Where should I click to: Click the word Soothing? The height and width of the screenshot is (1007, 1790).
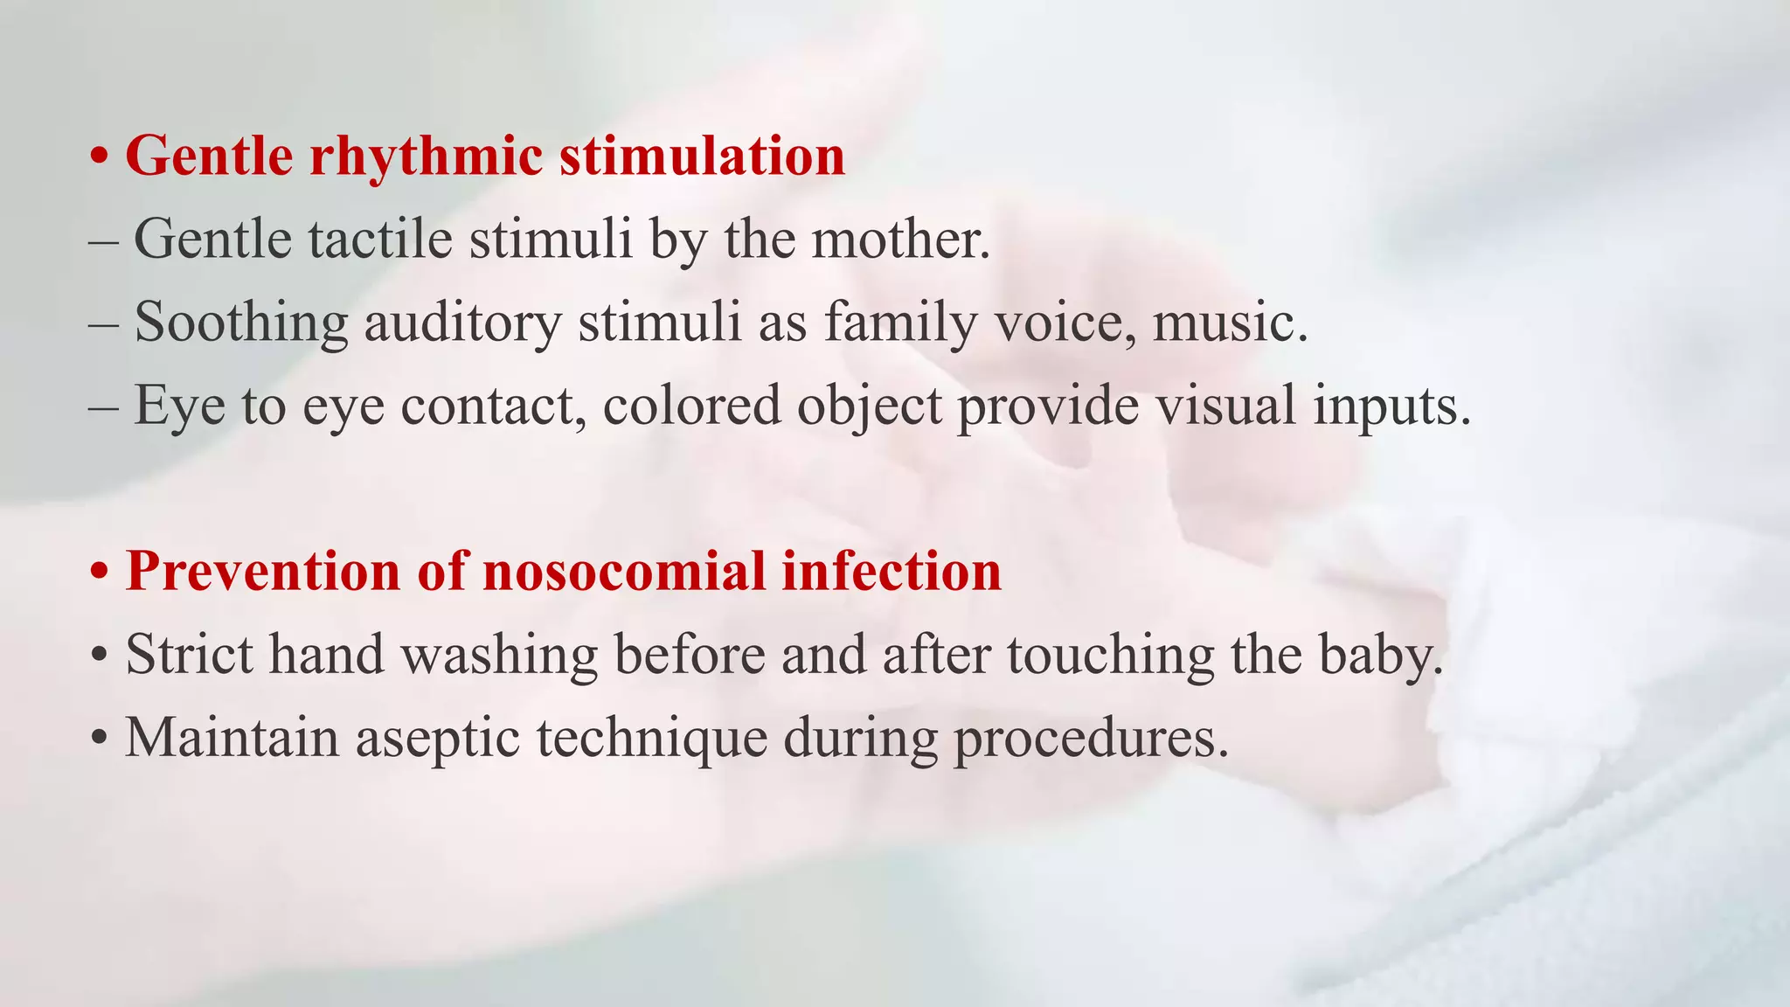coord(241,322)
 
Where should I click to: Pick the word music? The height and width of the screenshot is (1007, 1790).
coord(1229,322)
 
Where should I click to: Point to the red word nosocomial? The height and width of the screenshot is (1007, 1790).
coord(624,572)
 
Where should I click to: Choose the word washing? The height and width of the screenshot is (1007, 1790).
coord(499,656)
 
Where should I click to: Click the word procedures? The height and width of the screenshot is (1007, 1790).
coord(1090,739)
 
